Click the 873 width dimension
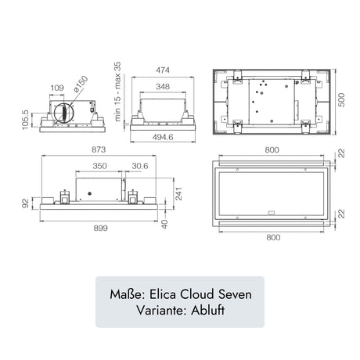[x=99, y=149]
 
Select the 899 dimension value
[x=100, y=229]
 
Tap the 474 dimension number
[x=163, y=70]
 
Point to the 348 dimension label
[x=163, y=86]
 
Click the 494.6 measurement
[x=163, y=137]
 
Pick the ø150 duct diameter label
[x=81, y=84]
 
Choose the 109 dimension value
[x=57, y=88]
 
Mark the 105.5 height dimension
[x=25, y=120]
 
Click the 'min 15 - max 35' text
[x=117, y=92]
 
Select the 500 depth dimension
[x=341, y=99]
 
